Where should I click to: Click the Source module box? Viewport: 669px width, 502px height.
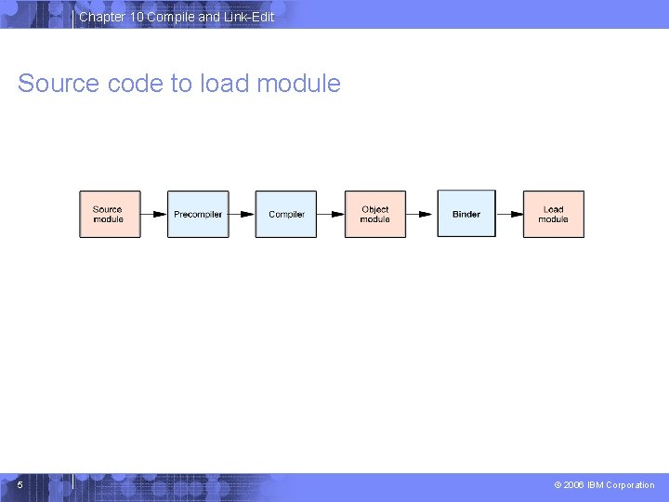tap(109, 214)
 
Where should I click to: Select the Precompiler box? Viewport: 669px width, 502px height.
tap(198, 214)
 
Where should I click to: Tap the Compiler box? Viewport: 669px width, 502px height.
tap(286, 214)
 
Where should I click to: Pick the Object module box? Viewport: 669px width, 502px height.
tap(375, 214)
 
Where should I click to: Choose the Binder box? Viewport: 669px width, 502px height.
tap(466, 214)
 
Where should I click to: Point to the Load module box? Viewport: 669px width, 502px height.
tap(554, 214)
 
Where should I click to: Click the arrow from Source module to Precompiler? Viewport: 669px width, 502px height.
tap(153, 214)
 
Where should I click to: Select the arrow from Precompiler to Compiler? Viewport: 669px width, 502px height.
tap(242, 214)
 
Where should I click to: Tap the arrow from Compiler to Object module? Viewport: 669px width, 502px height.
tap(331, 214)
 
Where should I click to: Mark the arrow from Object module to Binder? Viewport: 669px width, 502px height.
tap(421, 214)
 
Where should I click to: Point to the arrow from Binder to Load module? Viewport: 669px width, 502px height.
tap(509, 214)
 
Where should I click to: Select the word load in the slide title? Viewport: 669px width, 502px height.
tap(222, 84)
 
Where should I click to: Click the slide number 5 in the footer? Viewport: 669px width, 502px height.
tap(20, 484)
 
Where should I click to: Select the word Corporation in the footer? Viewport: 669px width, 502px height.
tap(630, 485)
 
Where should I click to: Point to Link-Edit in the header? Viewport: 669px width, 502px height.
tap(248, 17)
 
